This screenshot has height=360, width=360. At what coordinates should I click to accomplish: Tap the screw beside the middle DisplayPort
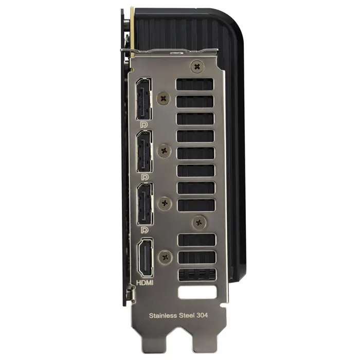[x=165, y=150]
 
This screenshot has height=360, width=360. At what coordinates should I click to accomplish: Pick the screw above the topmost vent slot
[x=196, y=66]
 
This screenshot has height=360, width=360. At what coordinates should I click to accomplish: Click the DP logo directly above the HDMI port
[x=145, y=230]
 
